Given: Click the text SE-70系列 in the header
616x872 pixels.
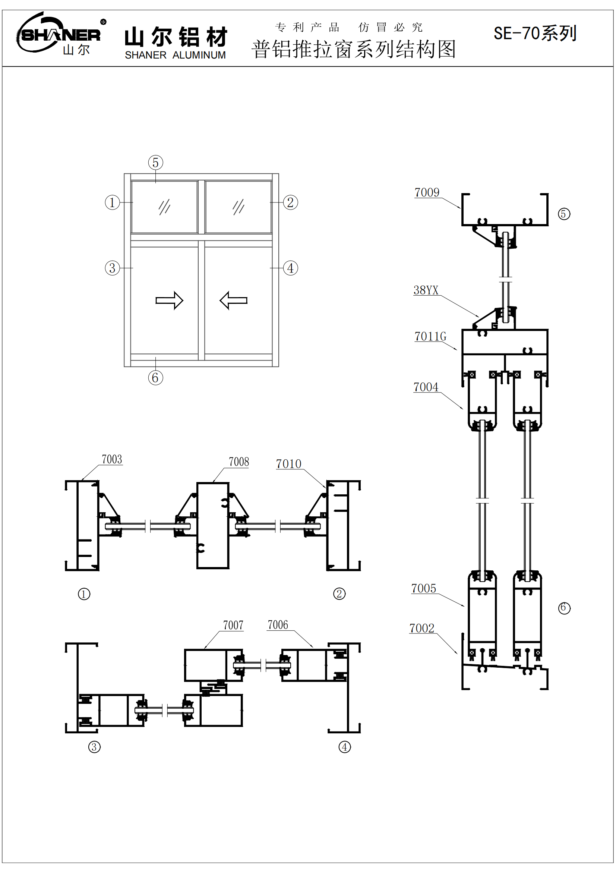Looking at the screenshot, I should (535, 34).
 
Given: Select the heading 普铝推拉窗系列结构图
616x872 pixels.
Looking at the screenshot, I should (353, 49).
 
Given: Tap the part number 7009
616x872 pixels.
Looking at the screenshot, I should (427, 192).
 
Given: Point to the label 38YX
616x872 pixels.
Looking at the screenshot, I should (426, 290).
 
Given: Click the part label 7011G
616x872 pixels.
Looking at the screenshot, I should (430, 337).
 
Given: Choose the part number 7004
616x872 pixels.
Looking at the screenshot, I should (426, 387).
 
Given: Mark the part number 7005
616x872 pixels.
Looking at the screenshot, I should (424, 588).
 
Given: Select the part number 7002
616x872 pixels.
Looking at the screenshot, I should (422, 628).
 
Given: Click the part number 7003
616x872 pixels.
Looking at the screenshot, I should (111, 459).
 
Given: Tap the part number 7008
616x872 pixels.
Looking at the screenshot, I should (239, 462).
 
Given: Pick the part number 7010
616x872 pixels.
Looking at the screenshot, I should (288, 464).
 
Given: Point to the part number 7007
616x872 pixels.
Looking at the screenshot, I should (233, 625).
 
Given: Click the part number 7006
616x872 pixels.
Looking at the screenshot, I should (278, 625).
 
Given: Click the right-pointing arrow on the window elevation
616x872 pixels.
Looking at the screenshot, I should (169, 300).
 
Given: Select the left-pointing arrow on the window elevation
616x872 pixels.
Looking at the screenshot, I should (233, 300).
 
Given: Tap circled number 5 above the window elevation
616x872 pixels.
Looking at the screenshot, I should (156, 163).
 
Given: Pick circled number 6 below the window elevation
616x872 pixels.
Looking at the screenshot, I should (156, 378).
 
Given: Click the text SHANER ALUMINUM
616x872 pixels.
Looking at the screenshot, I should (175, 56).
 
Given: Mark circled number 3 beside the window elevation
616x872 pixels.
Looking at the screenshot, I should (112, 268).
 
